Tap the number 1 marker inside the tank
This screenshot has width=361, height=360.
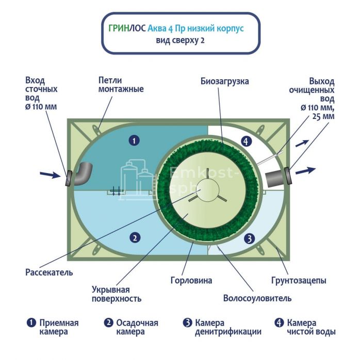[x=134, y=140]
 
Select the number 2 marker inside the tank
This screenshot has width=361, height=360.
[x=134, y=237]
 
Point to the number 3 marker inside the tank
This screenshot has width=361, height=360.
[x=249, y=238]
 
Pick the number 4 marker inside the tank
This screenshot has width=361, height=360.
[x=247, y=141]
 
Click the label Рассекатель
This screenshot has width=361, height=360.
[x=49, y=272]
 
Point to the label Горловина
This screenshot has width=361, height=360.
[x=191, y=281]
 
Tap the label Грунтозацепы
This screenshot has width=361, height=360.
[x=299, y=281]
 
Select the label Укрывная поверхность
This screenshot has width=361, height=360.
[x=117, y=294]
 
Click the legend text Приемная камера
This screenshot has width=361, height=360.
[x=59, y=328]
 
